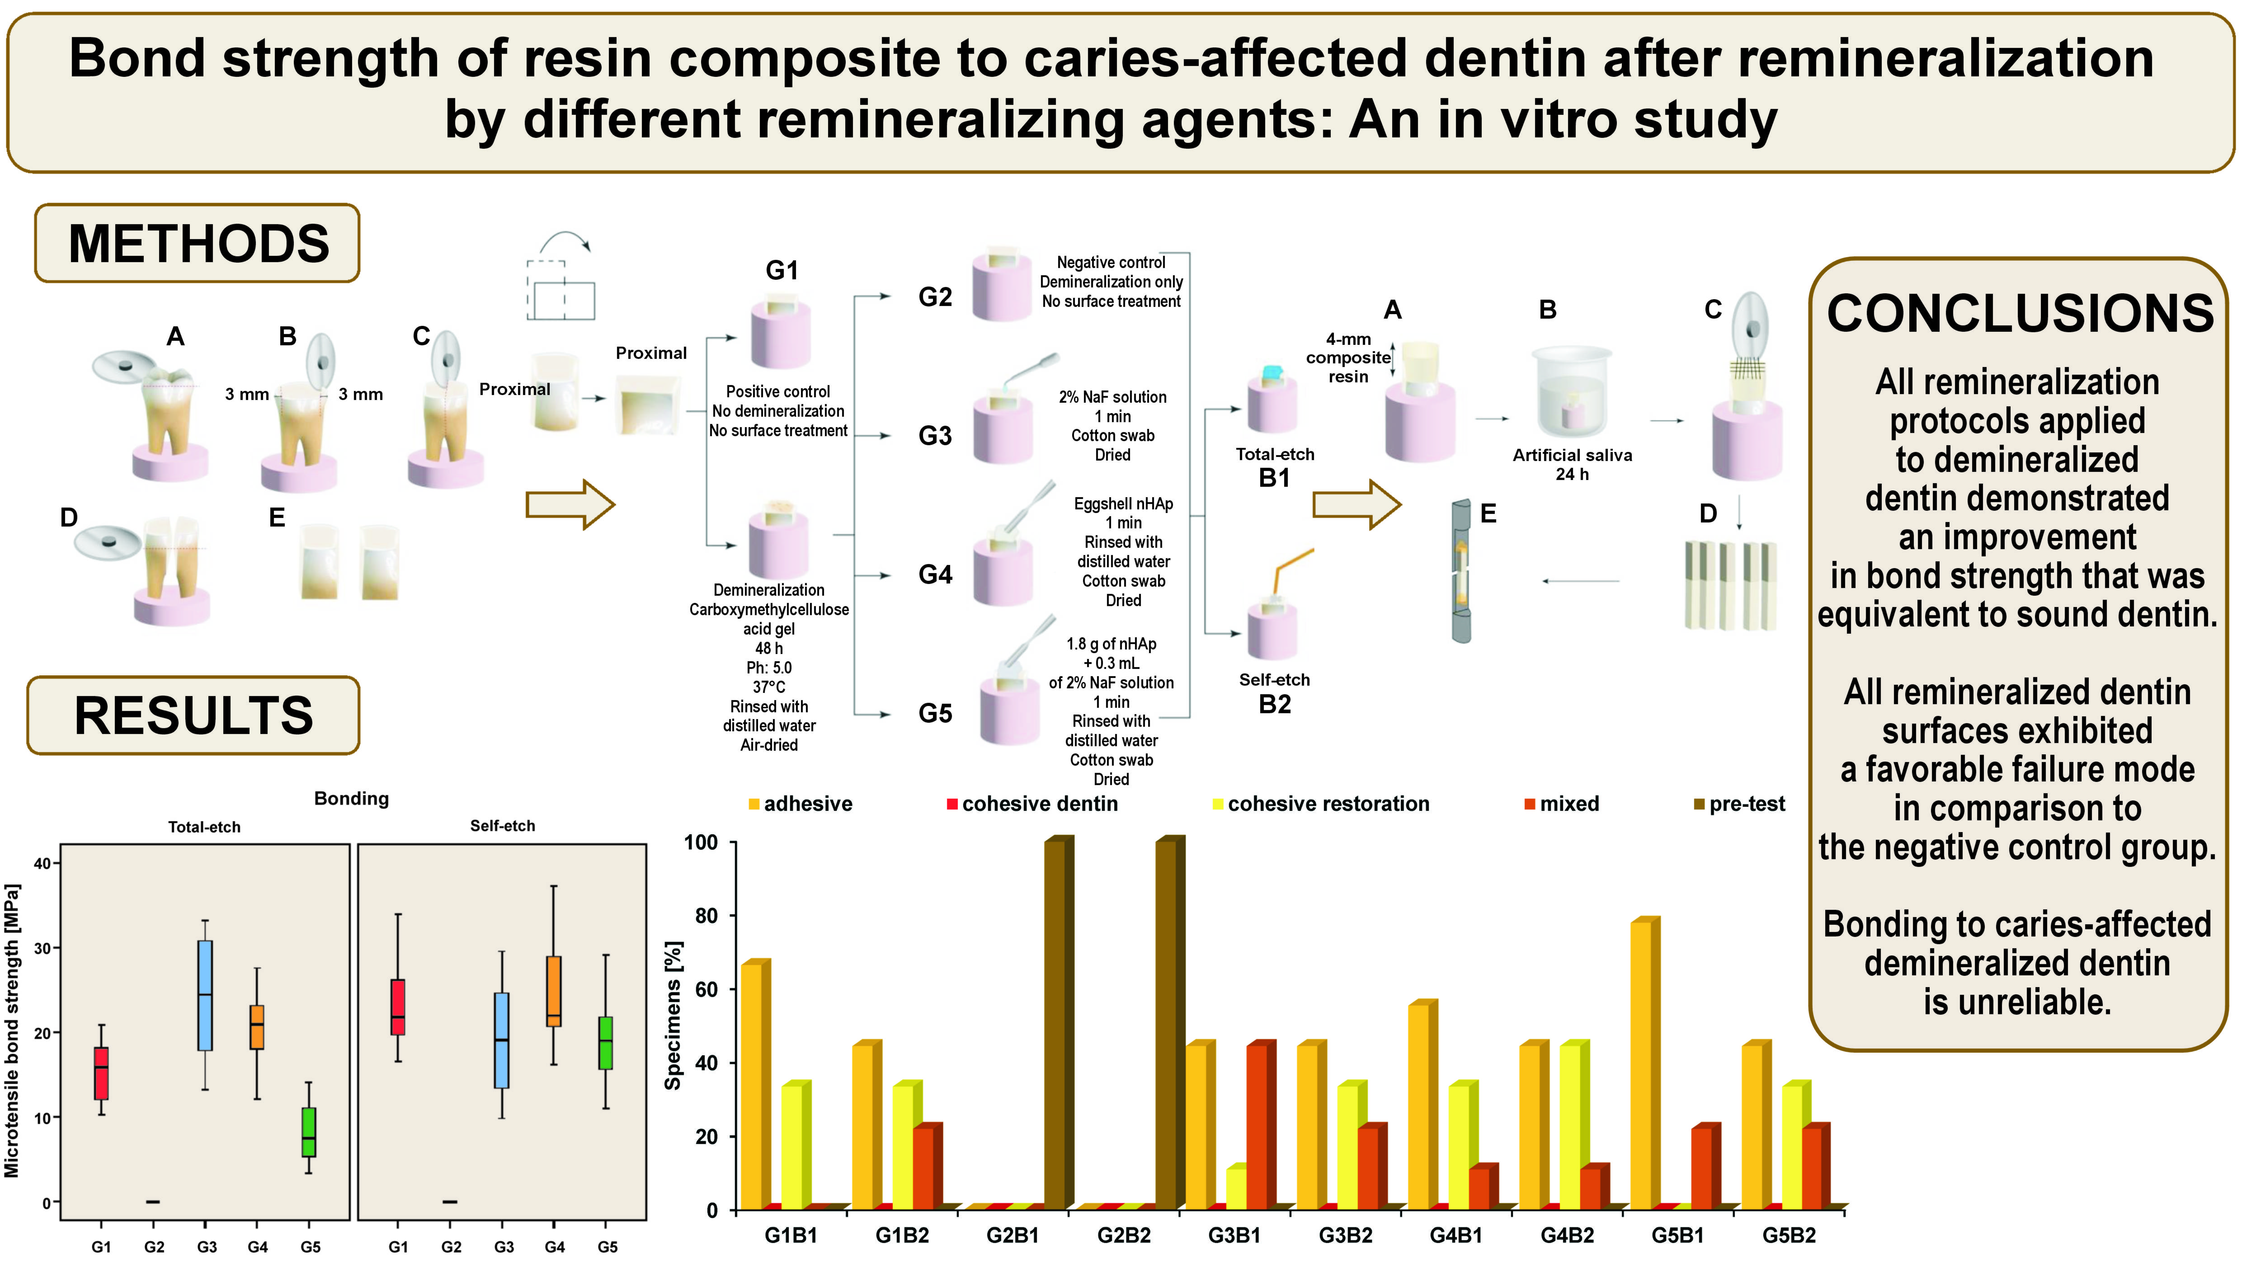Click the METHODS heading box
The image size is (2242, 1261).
198,244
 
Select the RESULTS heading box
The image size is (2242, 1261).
193,715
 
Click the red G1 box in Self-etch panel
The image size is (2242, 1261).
398,1007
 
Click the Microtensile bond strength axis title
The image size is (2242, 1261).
12,1031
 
